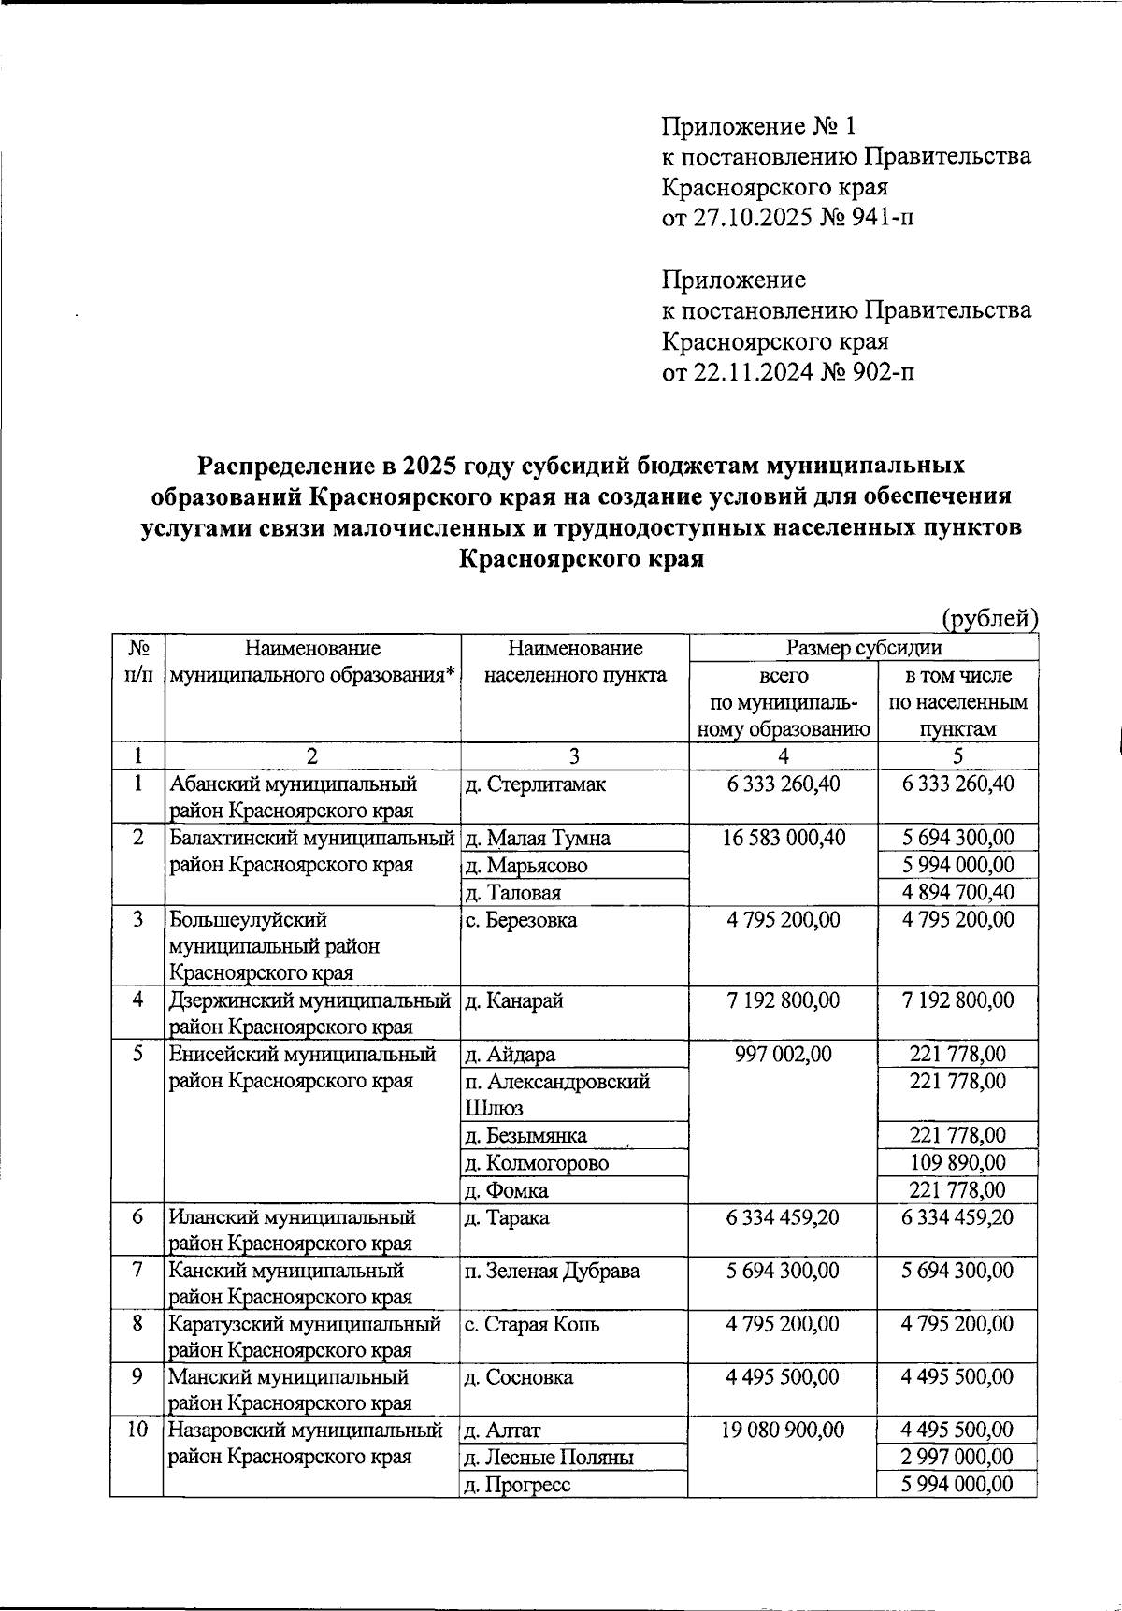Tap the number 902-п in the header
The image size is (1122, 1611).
(x=881, y=372)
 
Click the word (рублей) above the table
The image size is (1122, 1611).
(x=989, y=618)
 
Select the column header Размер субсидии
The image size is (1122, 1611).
(x=863, y=647)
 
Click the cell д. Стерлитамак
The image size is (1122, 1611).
(x=535, y=784)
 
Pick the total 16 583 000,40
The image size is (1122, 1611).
(x=783, y=838)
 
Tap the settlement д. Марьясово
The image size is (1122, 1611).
(x=526, y=866)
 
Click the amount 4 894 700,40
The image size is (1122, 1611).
(x=957, y=893)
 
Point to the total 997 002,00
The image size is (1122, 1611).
(x=783, y=1055)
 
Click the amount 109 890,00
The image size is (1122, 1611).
(x=957, y=1163)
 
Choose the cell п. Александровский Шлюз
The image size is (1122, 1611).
(x=557, y=1094)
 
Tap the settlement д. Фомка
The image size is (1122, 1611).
(x=506, y=1190)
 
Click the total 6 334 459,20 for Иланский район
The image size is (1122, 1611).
(x=783, y=1217)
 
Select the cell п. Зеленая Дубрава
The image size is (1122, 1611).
(x=552, y=1272)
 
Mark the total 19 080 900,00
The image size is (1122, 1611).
(x=783, y=1431)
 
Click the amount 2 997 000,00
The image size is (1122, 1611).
(x=957, y=1458)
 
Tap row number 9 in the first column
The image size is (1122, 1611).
(x=137, y=1377)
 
